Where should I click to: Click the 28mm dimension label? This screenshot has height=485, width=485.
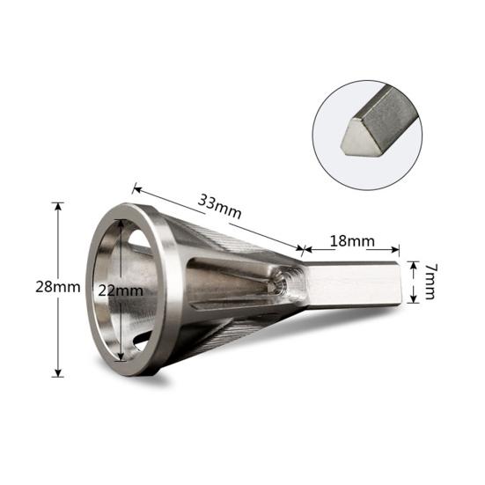click(x=58, y=287)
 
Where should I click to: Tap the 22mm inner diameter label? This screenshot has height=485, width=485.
click(x=121, y=290)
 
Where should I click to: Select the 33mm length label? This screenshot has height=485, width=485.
click(x=219, y=206)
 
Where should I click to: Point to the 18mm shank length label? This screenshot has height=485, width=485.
click(x=352, y=241)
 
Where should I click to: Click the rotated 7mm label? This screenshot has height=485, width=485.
click(x=429, y=281)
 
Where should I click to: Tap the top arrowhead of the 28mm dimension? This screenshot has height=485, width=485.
click(x=58, y=207)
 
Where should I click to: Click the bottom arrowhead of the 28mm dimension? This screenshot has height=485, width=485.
click(x=58, y=372)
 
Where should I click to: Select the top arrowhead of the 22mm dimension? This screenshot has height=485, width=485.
click(x=121, y=224)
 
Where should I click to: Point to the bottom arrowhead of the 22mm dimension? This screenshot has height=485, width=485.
click(x=121, y=356)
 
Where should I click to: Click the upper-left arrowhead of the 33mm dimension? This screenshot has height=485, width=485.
click(x=136, y=189)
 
